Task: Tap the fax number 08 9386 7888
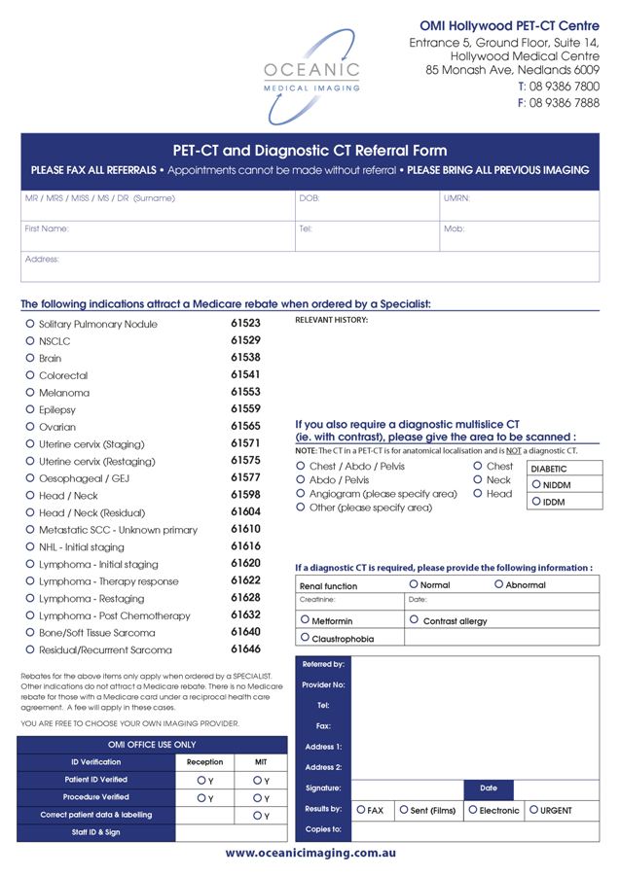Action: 564,103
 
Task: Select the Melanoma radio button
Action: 30,392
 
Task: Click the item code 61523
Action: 245,323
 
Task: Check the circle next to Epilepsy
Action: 30,409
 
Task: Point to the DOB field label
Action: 309,198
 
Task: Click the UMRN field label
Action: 456,198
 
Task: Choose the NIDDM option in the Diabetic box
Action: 536,484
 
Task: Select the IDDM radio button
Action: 536,502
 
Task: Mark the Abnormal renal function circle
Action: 499,584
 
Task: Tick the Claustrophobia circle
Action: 306,638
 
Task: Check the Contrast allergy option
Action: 415,619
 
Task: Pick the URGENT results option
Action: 533,809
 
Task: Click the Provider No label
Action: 323,684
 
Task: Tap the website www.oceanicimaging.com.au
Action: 310,854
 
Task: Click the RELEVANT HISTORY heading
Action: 331,320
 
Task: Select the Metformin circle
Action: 306,619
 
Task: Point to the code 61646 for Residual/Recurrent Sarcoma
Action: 245,648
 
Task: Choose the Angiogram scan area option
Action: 301,494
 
